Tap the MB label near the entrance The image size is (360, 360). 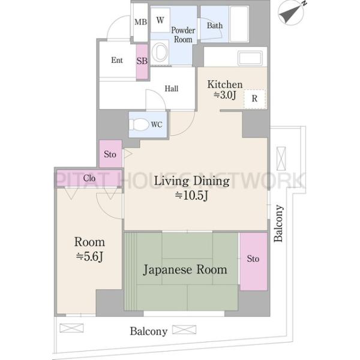tap(140, 22)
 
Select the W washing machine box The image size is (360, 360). tap(160, 20)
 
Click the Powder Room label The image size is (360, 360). tap(183, 35)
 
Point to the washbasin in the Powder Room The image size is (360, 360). tap(160, 52)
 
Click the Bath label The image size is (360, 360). tap(215, 25)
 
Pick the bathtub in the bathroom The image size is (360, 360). tap(239, 24)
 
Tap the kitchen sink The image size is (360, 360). tap(250, 58)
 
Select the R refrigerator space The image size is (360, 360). tap(254, 99)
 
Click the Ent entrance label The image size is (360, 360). tap(117, 60)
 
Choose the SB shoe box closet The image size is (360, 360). tap(142, 62)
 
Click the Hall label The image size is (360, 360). tap(171, 89)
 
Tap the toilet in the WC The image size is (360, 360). tap(139, 125)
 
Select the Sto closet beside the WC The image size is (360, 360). tap(110, 154)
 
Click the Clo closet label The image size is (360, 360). tap(89, 178)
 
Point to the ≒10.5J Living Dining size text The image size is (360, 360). tap(191, 196)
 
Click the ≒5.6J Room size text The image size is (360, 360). tap(89, 256)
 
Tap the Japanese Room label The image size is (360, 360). tap(185, 269)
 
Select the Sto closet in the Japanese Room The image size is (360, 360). tap(253, 262)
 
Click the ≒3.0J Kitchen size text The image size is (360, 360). tap(225, 95)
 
